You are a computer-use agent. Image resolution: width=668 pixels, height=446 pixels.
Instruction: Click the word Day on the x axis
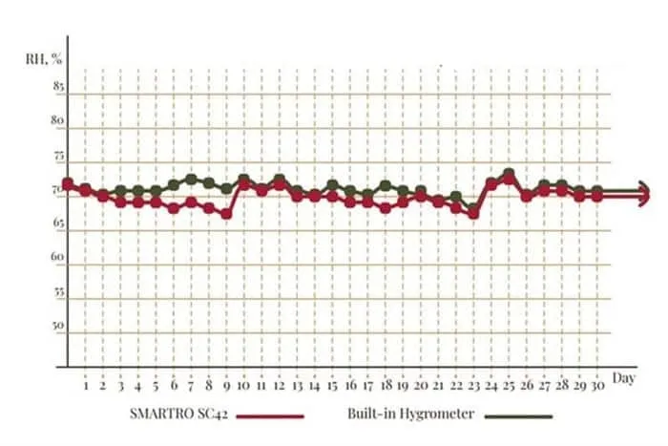tap(624, 377)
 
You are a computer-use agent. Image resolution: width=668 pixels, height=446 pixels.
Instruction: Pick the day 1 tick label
tap(86, 388)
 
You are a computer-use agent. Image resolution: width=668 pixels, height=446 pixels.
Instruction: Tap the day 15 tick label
tap(331, 388)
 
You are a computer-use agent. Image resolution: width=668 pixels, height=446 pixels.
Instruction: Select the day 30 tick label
tap(596, 388)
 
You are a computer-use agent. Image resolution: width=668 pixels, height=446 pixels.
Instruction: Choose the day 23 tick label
tap(473, 388)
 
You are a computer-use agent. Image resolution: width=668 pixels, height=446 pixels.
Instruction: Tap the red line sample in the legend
tap(271, 416)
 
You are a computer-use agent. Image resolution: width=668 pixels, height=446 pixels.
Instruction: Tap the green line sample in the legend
tap(519, 416)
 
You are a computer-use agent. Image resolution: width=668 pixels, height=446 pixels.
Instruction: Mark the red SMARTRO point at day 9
tap(226, 214)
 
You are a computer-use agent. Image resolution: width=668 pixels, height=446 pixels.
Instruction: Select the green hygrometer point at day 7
tap(191, 179)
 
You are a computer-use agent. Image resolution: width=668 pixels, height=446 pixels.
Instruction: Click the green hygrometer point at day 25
tap(509, 174)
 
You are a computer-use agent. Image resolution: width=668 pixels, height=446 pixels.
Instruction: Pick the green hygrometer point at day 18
tap(386, 185)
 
